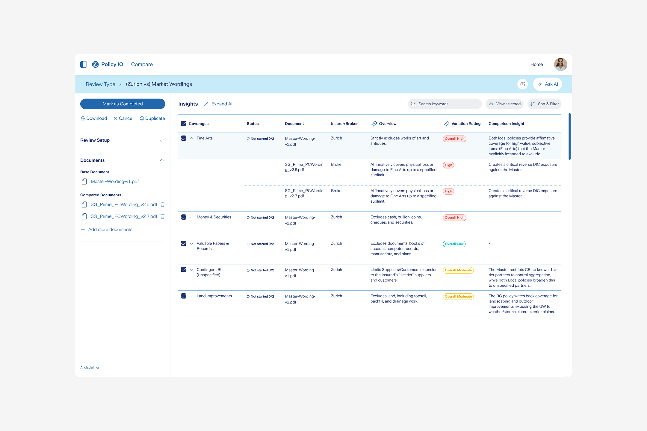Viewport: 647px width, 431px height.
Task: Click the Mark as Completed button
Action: (x=123, y=104)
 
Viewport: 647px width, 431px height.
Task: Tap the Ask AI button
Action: (x=548, y=84)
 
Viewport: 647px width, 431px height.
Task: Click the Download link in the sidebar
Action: (x=94, y=119)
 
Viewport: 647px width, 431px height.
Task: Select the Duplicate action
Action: (x=152, y=119)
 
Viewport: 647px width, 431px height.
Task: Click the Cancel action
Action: (x=123, y=119)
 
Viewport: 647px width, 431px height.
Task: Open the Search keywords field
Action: (x=445, y=104)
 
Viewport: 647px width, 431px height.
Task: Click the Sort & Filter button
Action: (x=544, y=104)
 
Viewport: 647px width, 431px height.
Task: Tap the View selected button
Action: (x=505, y=104)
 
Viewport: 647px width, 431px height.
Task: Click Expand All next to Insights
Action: (x=218, y=104)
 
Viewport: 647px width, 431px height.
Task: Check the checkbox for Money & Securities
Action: (x=184, y=217)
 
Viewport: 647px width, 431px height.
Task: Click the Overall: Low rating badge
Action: (x=454, y=244)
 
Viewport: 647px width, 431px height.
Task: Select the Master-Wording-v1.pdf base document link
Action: (x=115, y=182)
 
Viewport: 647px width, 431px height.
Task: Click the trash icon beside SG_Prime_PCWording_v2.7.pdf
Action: (x=163, y=216)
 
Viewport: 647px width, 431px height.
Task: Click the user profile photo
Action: (x=560, y=64)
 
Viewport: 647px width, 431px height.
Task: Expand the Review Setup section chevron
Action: (x=162, y=140)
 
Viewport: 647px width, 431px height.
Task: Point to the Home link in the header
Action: (x=536, y=64)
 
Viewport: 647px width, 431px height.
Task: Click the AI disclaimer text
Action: (x=90, y=368)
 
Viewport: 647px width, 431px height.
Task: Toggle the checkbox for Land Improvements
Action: (x=184, y=296)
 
